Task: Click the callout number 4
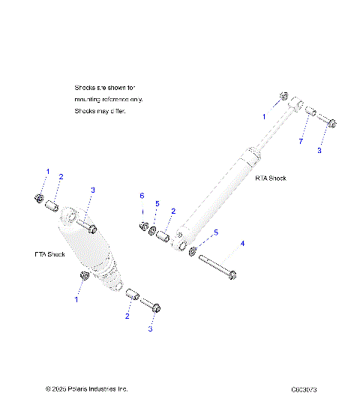tap(241, 244)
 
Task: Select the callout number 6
tap(141, 196)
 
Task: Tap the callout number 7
tap(301, 141)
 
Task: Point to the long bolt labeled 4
tap(218, 268)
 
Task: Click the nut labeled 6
tap(142, 227)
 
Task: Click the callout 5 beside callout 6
tap(157, 204)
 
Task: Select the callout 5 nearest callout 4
tap(217, 233)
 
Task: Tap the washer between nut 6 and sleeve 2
tap(153, 231)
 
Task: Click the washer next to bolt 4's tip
tap(193, 251)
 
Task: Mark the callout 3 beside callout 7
tap(319, 151)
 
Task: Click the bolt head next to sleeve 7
tap(332, 123)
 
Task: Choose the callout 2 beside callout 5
tap(172, 211)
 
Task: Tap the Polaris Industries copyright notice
tap(87, 389)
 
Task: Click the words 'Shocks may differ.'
tap(100, 111)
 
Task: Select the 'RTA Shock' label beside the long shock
tap(271, 178)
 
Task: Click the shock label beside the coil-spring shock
tap(49, 254)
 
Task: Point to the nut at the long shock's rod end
tap(283, 97)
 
